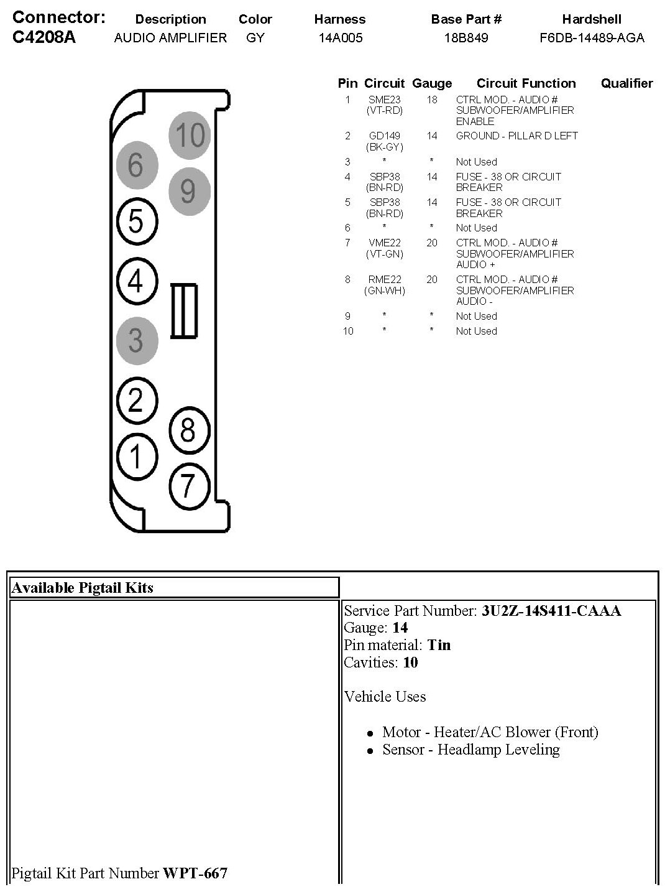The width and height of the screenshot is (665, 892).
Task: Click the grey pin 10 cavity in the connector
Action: coord(189,135)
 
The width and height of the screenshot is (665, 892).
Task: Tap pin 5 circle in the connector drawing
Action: coord(136,221)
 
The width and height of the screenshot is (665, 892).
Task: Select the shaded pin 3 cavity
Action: coord(136,340)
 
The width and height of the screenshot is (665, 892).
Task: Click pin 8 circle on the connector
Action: coord(188,430)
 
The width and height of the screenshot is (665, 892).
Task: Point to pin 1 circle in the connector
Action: coord(136,457)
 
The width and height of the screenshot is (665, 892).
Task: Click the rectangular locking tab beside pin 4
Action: coord(184,311)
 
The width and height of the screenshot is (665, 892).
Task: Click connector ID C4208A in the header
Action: coord(44,37)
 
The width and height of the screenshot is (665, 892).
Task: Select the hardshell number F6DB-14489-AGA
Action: coord(592,38)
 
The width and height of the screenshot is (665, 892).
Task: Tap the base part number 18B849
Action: coord(465,38)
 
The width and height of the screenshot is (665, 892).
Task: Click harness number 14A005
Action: coord(340,38)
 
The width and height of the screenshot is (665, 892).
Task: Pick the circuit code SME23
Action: coord(385,100)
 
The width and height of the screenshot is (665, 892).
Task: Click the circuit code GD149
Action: coord(385,136)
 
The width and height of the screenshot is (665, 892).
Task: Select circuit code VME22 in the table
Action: coord(385,243)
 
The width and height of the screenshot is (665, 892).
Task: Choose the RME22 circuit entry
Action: coord(385,279)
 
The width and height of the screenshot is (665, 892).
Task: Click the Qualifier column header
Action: coord(626,83)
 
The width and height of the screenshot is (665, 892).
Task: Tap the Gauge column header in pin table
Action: coord(432,83)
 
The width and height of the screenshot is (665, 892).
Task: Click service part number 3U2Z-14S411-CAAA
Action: coord(551,611)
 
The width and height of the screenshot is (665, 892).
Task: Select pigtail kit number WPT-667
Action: coord(195,873)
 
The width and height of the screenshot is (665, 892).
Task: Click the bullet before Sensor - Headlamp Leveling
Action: coord(370,751)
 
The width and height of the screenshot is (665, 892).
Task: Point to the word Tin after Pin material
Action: coord(439,645)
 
